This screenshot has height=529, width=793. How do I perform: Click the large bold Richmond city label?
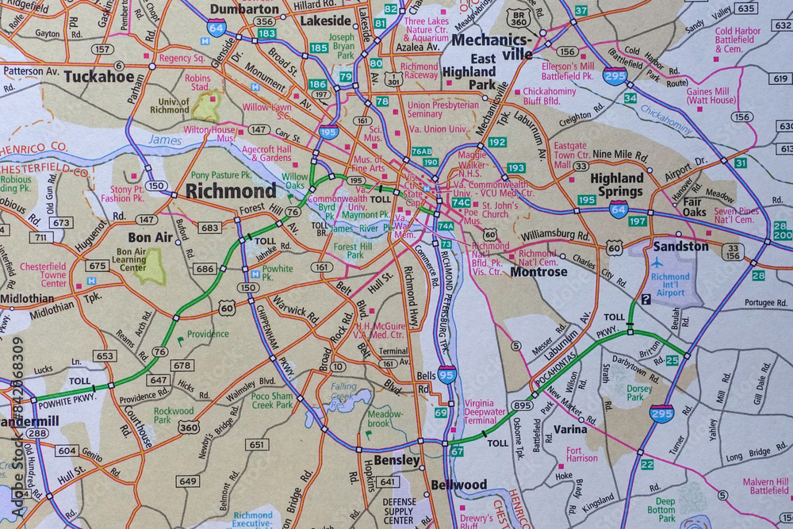click(x=231, y=191)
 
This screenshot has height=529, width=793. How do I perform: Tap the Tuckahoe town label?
click(x=98, y=77)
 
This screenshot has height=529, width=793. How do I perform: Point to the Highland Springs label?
click(x=616, y=185)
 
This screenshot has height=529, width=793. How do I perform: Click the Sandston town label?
click(x=680, y=246)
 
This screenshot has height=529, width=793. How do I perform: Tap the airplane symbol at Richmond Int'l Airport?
click(x=658, y=262)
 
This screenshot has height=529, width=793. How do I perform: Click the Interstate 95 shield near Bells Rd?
click(x=447, y=374)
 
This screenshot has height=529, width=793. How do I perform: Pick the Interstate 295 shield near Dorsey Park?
click(x=661, y=413)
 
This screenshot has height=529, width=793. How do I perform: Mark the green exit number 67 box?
click(x=457, y=450)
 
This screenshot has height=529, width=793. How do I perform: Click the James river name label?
click(x=165, y=141)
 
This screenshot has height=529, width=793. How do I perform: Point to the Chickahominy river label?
click(x=666, y=121)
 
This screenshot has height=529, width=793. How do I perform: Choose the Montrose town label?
click(x=538, y=271)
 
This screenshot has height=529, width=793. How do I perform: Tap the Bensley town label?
click(x=396, y=460)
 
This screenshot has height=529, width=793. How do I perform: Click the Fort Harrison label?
click(x=582, y=454)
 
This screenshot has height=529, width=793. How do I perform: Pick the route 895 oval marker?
click(x=522, y=405)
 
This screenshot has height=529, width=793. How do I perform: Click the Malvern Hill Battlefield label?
click(x=765, y=485)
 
